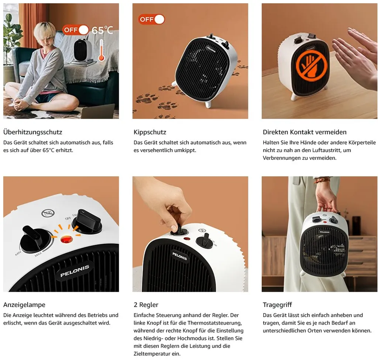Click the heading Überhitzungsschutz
[x=33, y=132]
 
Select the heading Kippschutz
[x=150, y=132]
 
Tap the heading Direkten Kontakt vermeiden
[x=305, y=132]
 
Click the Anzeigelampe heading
[x=24, y=305]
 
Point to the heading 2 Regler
[x=146, y=305]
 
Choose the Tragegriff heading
[x=277, y=305]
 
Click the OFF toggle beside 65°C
[x=76, y=30]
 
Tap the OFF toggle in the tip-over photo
[x=151, y=19]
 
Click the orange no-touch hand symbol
[x=311, y=65]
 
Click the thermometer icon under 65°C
[x=102, y=50]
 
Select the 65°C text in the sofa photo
[x=102, y=30]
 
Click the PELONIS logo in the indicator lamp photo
[x=75, y=271]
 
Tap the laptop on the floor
[x=97, y=111]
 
